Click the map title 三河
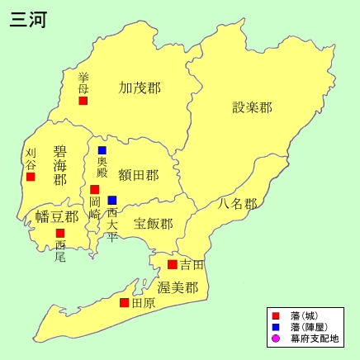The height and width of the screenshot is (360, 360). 27,19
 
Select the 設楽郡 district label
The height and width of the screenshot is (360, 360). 252,107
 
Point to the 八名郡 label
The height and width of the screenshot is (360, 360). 238,203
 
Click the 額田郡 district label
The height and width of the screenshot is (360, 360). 139,175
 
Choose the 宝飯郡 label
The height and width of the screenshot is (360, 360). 154,224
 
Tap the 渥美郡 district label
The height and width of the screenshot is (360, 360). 178,288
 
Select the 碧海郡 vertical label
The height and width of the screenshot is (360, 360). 59,165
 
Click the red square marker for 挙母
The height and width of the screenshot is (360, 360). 83,101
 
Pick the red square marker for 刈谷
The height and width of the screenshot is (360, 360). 31,176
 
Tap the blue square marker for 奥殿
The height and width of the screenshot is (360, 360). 102,150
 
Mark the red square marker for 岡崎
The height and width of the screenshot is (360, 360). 95,190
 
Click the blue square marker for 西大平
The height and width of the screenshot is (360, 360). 112,200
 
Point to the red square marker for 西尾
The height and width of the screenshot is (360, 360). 60,233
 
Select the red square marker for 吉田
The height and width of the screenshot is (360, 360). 172,264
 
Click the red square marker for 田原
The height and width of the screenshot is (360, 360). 124,303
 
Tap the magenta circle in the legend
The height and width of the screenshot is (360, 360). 276,339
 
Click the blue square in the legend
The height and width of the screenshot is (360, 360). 276,327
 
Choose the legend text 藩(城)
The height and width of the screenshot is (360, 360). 305,315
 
